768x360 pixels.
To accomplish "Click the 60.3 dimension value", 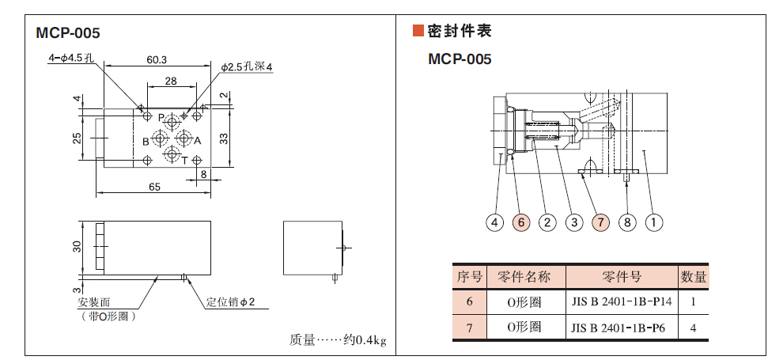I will (157, 59).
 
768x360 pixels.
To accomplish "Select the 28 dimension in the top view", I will (170, 81).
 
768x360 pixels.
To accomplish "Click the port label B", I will (146, 142).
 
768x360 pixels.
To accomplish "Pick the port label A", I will (198, 142).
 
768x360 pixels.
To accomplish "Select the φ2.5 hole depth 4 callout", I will (247, 68).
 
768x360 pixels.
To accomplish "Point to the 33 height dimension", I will (224, 138).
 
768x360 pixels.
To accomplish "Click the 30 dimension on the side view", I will (78, 246).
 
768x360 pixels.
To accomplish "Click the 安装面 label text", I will (95, 302).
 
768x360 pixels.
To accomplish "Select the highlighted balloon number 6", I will (520, 222).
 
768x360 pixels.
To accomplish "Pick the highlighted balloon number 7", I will (600, 222).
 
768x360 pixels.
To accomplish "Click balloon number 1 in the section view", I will (653, 222).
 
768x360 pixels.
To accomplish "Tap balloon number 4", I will (494, 222).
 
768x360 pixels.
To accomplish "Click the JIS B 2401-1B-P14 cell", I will (621, 301).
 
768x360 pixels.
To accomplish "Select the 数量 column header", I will (693, 277).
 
